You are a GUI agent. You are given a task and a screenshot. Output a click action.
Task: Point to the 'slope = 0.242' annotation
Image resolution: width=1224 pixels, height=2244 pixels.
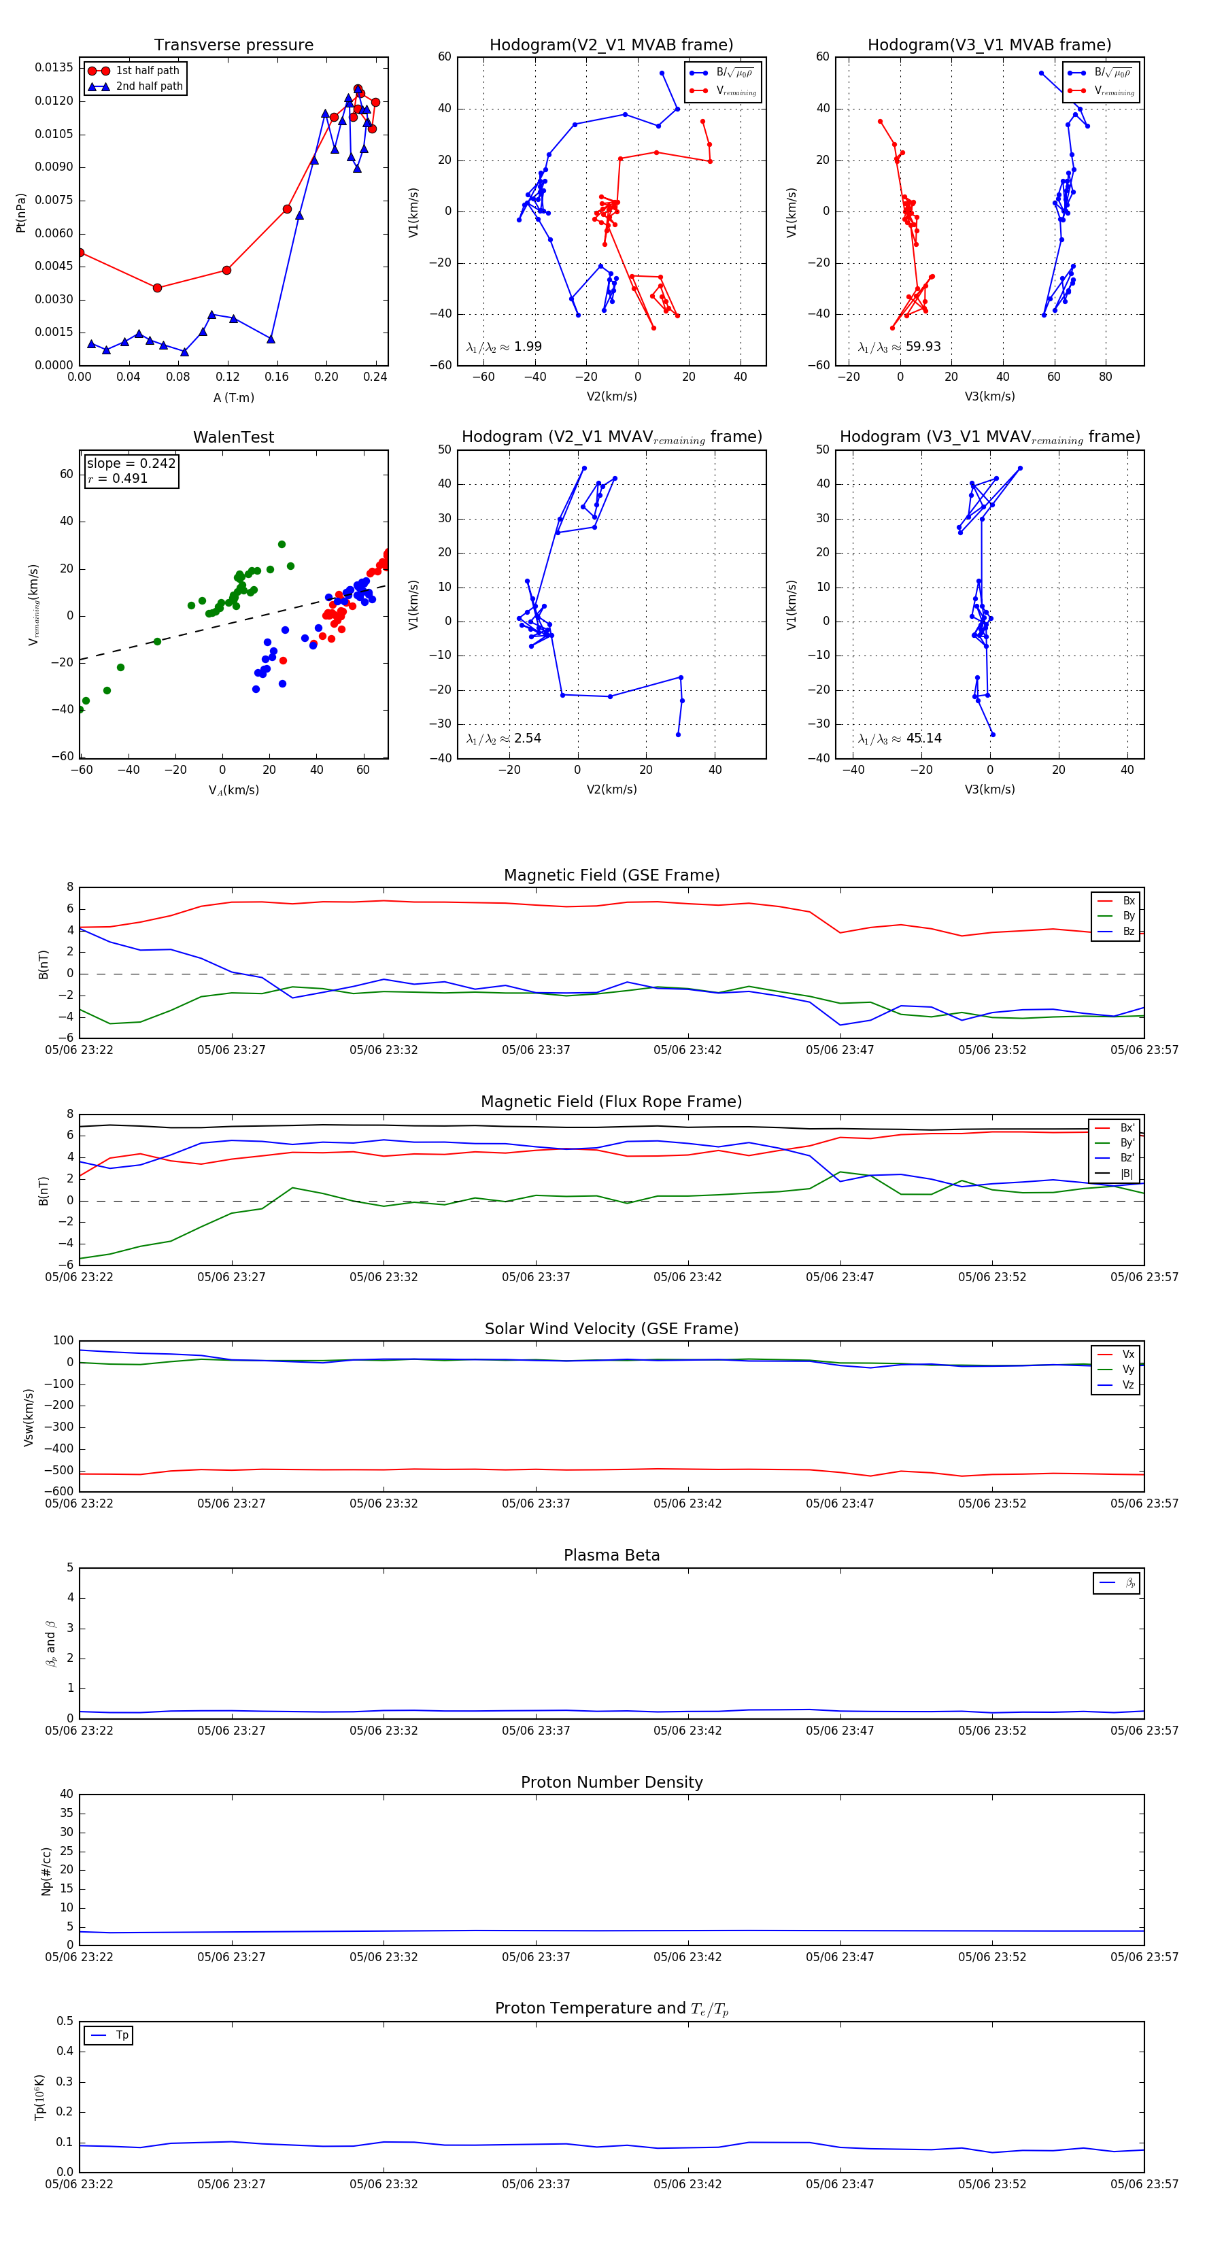pyautogui.click(x=131, y=464)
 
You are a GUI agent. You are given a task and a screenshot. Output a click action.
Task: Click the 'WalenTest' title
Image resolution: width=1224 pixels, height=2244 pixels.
pyautogui.click(x=233, y=437)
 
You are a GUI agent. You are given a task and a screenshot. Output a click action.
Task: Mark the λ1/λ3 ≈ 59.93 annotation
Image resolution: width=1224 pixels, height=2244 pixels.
pyautogui.click(x=899, y=347)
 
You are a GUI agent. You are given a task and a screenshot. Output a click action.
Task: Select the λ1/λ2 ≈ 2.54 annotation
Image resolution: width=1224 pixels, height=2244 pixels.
pyautogui.click(x=503, y=738)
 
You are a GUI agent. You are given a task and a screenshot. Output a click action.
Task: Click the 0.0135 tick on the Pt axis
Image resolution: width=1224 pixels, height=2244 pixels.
pyautogui.click(x=54, y=68)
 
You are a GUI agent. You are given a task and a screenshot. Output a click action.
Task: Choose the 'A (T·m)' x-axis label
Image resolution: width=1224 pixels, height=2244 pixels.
pyautogui.click(x=233, y=398)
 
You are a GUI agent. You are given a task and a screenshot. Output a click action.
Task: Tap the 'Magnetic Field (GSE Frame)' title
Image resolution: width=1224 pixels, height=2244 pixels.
pyautogui.click(x=611, y=875)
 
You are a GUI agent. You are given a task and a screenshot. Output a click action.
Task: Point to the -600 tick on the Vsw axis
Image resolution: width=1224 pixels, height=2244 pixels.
pyautogui.click(x=58, y=1491)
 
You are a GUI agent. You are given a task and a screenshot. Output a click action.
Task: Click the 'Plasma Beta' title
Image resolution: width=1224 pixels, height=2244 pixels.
pyautogui.click(x=611, y=1556)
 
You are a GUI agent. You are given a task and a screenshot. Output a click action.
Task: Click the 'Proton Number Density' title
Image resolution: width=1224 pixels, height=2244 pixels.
pyautogui.click(x=611, y=1782)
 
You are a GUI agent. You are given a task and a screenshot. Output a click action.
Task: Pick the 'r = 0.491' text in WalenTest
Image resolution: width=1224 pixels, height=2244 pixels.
pyautogui.click(x=118, y=478)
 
